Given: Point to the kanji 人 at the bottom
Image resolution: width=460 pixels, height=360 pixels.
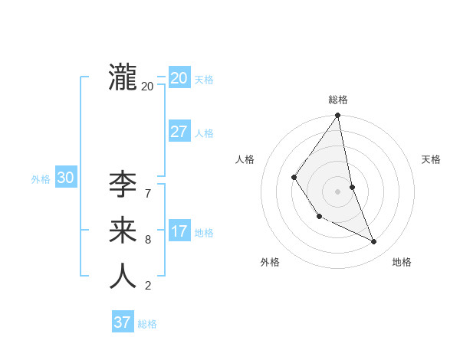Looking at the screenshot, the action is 123,277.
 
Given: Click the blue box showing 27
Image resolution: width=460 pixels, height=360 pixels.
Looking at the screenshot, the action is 179,131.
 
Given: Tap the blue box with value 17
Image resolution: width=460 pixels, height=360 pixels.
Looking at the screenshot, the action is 179,231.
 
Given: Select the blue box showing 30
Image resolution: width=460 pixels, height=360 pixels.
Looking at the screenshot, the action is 65,178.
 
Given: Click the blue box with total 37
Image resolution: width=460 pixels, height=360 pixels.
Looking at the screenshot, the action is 122,322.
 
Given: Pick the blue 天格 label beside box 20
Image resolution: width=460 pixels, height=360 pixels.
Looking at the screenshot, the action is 204,80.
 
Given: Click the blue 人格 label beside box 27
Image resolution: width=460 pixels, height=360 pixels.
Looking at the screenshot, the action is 204,133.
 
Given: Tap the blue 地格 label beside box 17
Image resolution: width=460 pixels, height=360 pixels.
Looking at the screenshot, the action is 204,233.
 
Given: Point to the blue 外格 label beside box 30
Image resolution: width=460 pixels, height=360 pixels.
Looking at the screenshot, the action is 41,179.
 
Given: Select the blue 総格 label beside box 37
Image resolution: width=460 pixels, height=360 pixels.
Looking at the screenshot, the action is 147,324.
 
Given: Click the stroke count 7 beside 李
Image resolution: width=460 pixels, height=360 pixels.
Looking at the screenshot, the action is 147,194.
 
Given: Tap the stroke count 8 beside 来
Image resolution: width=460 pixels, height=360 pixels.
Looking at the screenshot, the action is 147,240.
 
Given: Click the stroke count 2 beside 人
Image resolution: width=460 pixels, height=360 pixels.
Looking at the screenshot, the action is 147,286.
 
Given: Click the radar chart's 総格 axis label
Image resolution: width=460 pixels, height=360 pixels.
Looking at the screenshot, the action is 338,100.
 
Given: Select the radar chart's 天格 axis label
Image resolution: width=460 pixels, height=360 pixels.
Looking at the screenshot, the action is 432,159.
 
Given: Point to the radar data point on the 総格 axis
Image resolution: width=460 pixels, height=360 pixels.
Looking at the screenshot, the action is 337,116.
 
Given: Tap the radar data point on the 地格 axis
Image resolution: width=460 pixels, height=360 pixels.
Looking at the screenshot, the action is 374,241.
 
